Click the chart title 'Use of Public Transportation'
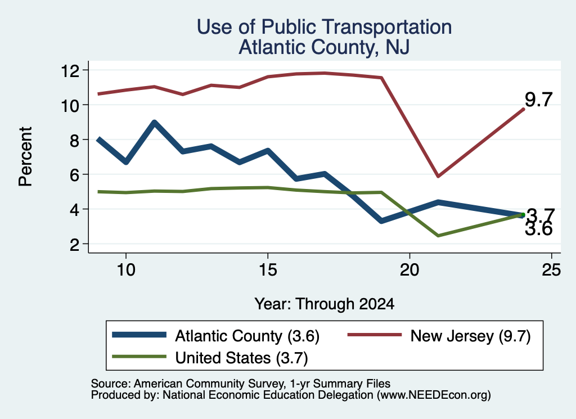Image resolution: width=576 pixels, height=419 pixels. tap(324, 27)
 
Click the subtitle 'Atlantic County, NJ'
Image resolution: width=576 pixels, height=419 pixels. tap(324, 47)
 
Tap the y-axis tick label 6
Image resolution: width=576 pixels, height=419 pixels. tap(75, 174)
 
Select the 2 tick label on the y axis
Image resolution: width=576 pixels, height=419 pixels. tap(75, 244)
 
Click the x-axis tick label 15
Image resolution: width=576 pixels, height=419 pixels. tap(268, 270)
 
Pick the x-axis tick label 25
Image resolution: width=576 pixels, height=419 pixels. tap(551, 270)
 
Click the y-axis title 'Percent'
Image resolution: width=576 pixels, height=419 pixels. tap(25, 156)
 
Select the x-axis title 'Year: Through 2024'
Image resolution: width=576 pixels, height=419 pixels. tap(325, 304)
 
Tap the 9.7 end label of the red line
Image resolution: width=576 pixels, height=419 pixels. tap(538, 100)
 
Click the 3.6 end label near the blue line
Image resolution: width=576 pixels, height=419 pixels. tap(538, 229)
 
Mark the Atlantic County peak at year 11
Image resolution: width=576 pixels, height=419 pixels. tap(155, 122)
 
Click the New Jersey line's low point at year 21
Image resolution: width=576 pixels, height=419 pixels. tap(438, 176)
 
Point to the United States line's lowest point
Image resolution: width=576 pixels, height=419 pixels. tap(438, 236)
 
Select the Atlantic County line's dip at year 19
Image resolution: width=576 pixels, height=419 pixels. tap(381, 221)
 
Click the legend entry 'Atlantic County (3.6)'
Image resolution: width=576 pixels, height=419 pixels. tap(215, 336)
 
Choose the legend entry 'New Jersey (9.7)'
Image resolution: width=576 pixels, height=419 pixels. tap(439, 336)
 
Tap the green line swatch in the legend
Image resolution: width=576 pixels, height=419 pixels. tap(139, 357)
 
